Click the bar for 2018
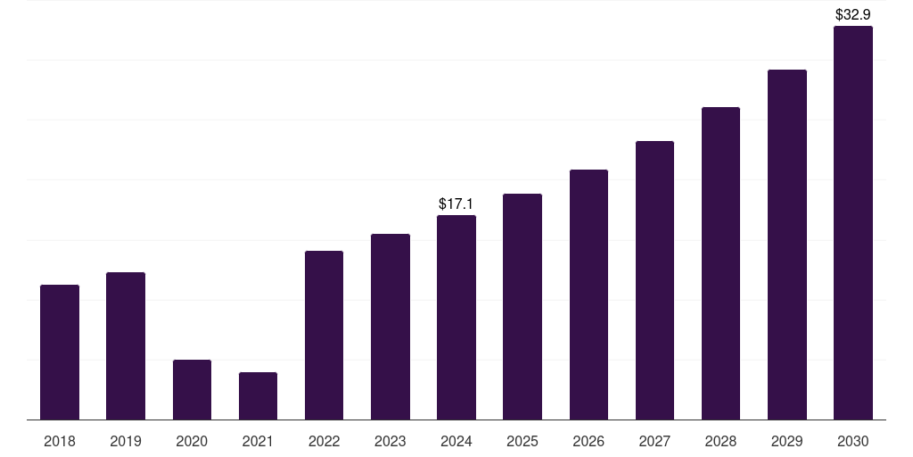coord(60,352)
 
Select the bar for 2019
coord(126,345)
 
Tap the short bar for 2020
coord(192,389)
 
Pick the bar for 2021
coord(258,395)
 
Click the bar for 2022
coord(324,336)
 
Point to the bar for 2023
coord(391,327)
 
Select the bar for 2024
coord(456,317)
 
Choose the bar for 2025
coord(522,307)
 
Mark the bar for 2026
coord(588,295)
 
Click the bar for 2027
coord(654,280)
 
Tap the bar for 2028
coord(720,263)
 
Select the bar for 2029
coord(787,245)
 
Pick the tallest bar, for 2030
coord(853,222)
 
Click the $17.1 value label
coord(456,204)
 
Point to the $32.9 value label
coord(853,14)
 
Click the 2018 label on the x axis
coord(60,441)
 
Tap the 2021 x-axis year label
coord(258,441)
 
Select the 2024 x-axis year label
coord(456,441)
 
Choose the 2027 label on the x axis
coord(654,441)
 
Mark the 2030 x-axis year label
coord(853,441)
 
